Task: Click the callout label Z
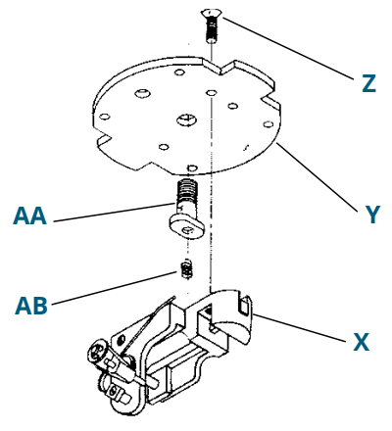[367, 83]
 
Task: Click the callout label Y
[371, 215]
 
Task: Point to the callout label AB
[31, 304]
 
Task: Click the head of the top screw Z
[210, 12]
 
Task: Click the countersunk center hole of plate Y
[186, 120]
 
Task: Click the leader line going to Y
[314, 176]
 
